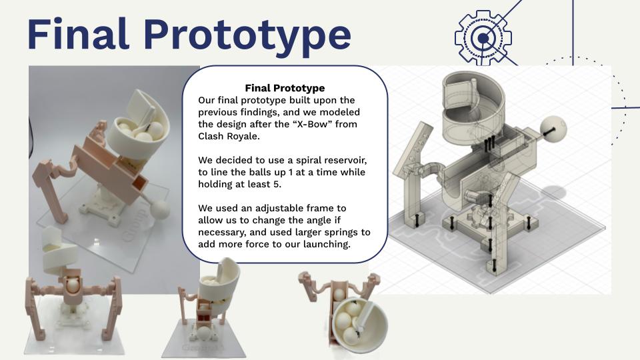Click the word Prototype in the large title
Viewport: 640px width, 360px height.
pyautogui.click(x=247, y=37)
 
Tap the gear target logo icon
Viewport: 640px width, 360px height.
pyautogui.click(x=483, y=38)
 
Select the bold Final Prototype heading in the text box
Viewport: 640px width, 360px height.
pyautogui.click(x=285, y=88)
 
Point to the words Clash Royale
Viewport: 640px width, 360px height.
pyautogui.click(x=229, y=136)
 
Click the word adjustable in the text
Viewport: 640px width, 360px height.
pyautogui.click(x=279, y=208)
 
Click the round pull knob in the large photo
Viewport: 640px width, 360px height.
pyautogui.click(x=160, y=209)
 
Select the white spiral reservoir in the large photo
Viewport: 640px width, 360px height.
pyautogui.click(x=139, y=123)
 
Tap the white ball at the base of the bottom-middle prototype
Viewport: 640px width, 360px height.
pyautogui.click(x=204, y=334)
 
